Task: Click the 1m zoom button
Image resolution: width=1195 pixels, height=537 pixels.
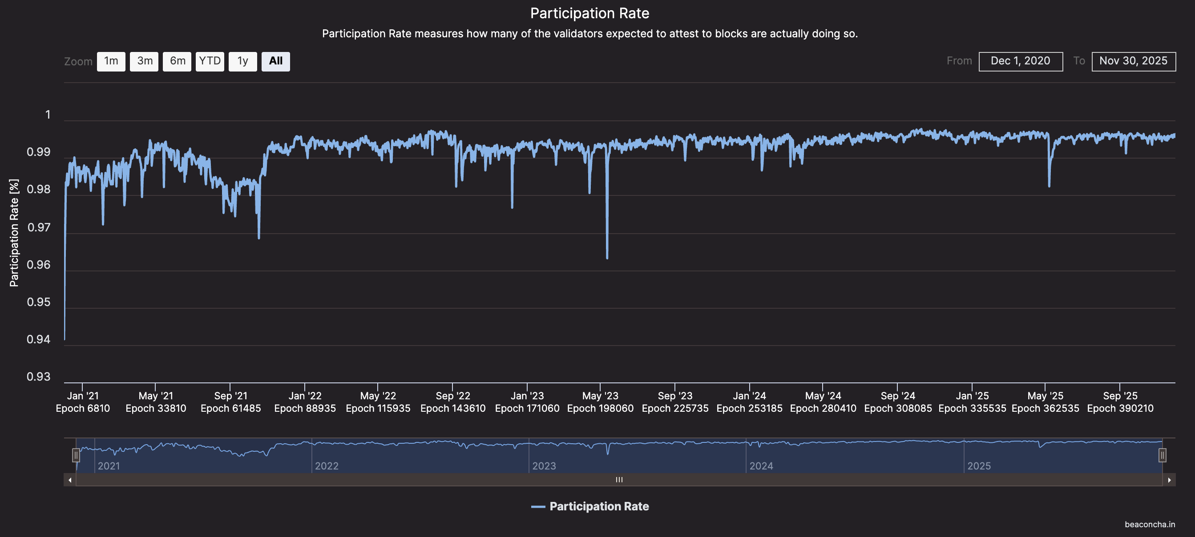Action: [x=111, y=62]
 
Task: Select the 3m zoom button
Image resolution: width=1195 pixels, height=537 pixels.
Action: [x=144, y=62]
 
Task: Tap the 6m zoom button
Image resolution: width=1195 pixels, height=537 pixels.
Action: [x=177, y=62]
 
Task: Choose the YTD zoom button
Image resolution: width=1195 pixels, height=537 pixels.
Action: [x=210, y=62]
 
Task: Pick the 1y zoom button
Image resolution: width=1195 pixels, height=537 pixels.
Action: [x=242, y=62]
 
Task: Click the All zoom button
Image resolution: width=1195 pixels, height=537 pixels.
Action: [x=275, y=62]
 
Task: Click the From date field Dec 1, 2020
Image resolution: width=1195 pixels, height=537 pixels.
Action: [x=1020, y=62]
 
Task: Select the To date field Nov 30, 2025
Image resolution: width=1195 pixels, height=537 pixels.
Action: [x=1133, y=62]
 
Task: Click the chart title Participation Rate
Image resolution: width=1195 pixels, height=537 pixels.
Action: [x=589, y=13]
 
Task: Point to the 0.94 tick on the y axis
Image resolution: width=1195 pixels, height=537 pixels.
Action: [x=39, y=340]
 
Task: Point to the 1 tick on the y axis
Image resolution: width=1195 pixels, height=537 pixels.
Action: [x=48, y=115]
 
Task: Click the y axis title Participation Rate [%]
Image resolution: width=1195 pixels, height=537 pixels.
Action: [x=14, y=233]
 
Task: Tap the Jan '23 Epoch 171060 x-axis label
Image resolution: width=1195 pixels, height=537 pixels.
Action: [x=527, y=402]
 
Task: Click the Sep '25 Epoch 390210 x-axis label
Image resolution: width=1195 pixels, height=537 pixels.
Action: [x=1120, y=402]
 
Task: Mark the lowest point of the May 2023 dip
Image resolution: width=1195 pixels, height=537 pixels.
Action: [x=607, y=258]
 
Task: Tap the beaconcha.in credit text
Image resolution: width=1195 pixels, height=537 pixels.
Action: [x=1150, y=525]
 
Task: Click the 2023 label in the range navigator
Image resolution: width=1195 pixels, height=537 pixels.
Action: [x=544, y=466]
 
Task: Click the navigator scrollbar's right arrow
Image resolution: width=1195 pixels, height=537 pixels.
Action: [x=1169, y=480]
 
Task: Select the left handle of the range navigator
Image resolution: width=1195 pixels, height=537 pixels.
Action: [x=76, y=455]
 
